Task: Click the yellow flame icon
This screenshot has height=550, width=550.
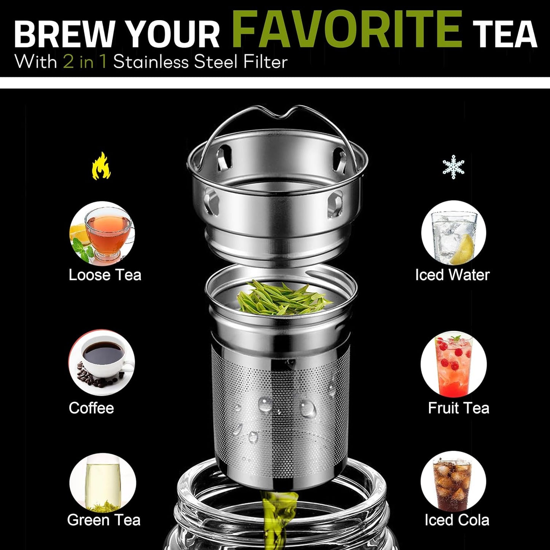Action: point(101,166)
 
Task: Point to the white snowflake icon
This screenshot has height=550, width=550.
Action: point(453,167)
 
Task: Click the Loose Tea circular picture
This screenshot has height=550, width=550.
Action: point(102,233)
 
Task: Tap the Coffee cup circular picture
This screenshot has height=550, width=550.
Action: point(102,362)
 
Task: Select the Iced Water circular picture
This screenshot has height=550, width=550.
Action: point(453,233)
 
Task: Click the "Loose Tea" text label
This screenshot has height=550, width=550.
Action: point(105,275)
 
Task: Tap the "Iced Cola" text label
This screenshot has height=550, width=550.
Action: point(457,520)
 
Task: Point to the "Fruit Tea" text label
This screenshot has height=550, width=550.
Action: point(458,408)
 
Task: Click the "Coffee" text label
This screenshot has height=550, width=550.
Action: point(91,408)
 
